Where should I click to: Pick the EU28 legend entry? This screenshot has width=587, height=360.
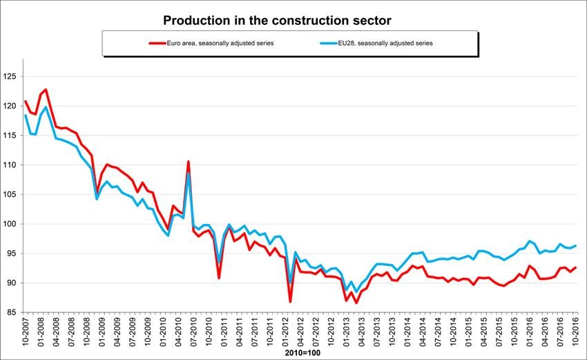click(376, 43)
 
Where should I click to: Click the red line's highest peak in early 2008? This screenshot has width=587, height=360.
click(46, 89)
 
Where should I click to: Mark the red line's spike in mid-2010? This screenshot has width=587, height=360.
click(189, 162)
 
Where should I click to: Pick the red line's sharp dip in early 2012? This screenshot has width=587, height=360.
click(290, 301)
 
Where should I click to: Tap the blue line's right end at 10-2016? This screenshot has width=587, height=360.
click(575, 246)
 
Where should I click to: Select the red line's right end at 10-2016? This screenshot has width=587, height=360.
click(575, 267)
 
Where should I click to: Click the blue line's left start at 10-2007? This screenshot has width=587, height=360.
click(26, 115)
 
